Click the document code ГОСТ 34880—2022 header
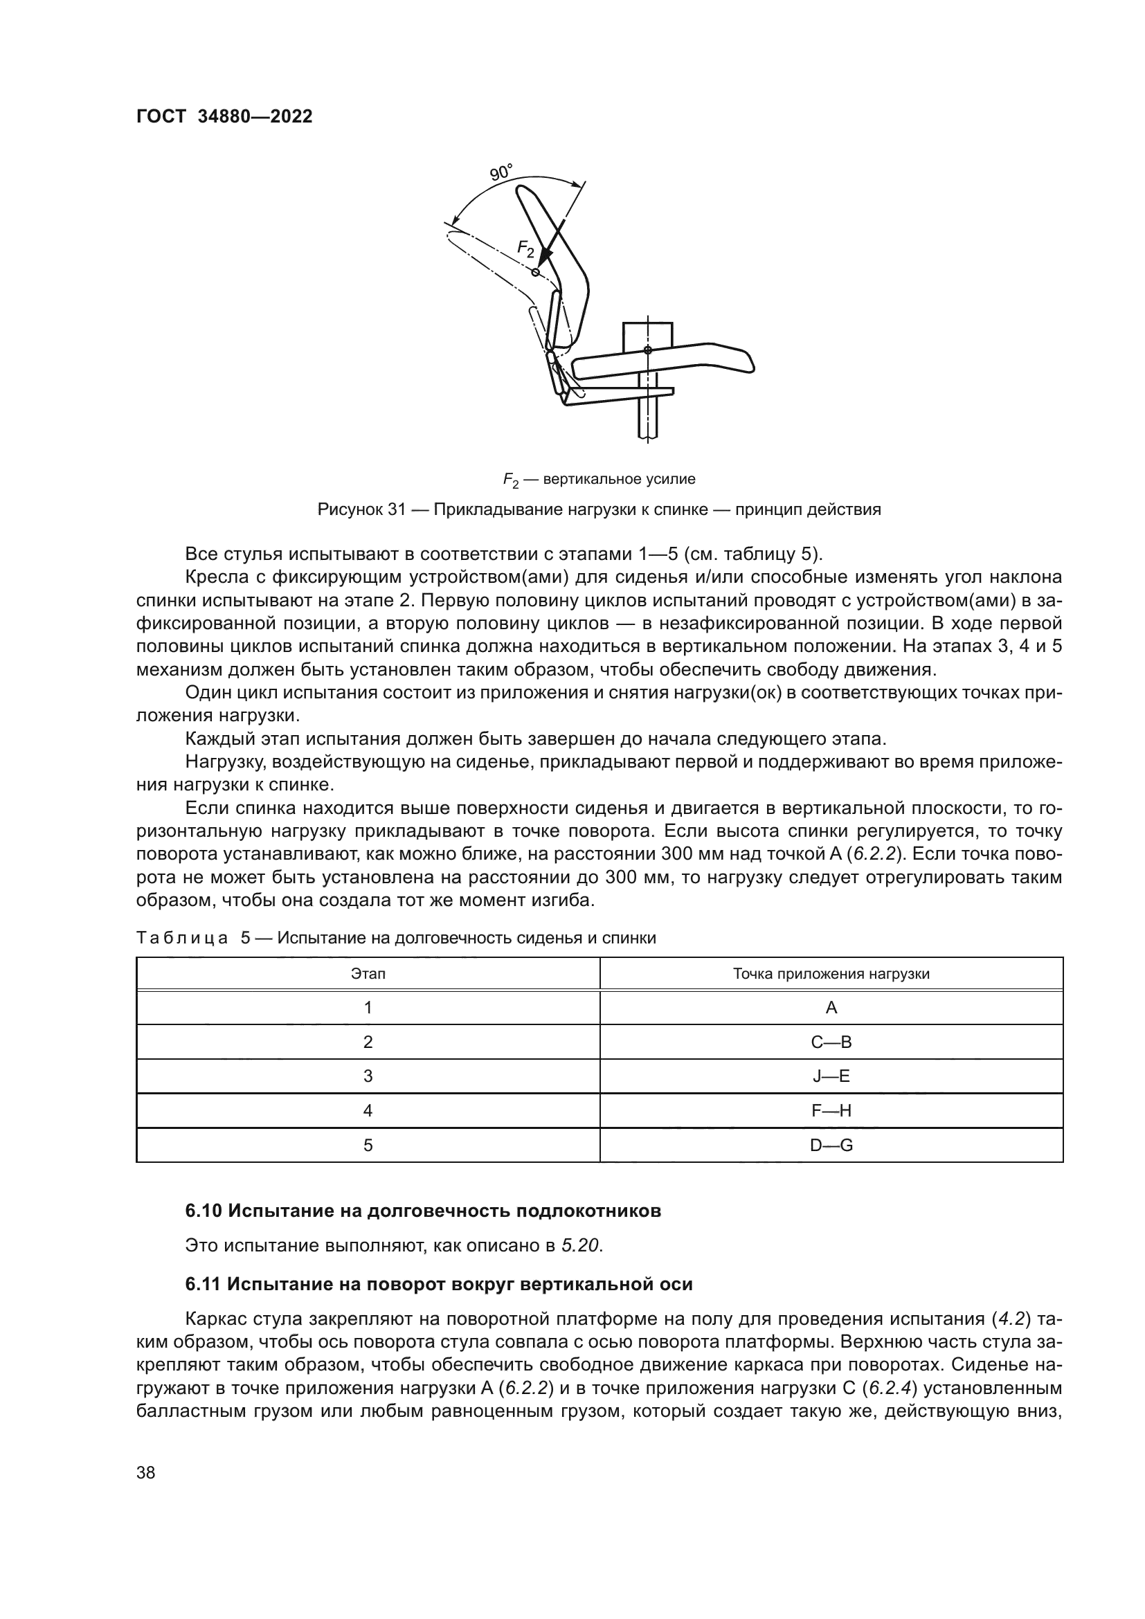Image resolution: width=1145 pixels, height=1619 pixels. (224, 117)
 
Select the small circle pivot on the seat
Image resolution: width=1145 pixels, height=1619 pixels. (648, 350)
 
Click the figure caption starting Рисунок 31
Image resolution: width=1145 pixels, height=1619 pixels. (599, 509)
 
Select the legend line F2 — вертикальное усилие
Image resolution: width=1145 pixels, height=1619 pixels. (599, 480)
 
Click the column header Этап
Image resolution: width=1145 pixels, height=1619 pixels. (368, 974)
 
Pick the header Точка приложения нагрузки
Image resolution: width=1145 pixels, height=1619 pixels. (831, 974)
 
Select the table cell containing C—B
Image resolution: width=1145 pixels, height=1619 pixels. (831, 1042)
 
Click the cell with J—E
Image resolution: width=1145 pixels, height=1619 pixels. (831, 1076)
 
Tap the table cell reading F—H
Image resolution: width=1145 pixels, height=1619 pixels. (831, 1110)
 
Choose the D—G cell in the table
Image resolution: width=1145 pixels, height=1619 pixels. (831, 1145)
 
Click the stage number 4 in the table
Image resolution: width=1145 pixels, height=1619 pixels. (368, 1110)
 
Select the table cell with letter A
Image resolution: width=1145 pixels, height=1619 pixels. (831, 1008)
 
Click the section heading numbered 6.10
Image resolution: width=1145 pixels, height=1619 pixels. (423, 1211)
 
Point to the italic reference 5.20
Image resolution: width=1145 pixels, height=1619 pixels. (581, 1246)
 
